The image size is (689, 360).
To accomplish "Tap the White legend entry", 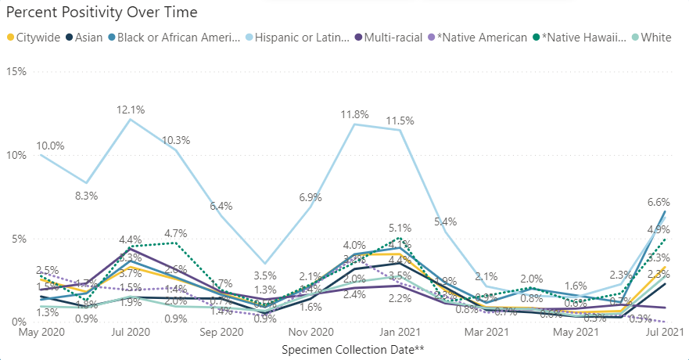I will (656, 37).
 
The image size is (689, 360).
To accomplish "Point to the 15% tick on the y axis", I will (16, 71).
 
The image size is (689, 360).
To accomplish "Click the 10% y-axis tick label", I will (16, 155).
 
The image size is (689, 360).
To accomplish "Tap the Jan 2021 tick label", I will (401, 333).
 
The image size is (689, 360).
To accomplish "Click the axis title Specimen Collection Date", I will (353, 349).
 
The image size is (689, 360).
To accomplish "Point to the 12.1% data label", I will (130, 110).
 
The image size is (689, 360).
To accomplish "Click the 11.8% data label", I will (355, 115).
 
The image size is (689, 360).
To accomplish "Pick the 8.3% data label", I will (86, 196).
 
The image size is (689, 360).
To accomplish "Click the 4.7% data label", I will (175, 233).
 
